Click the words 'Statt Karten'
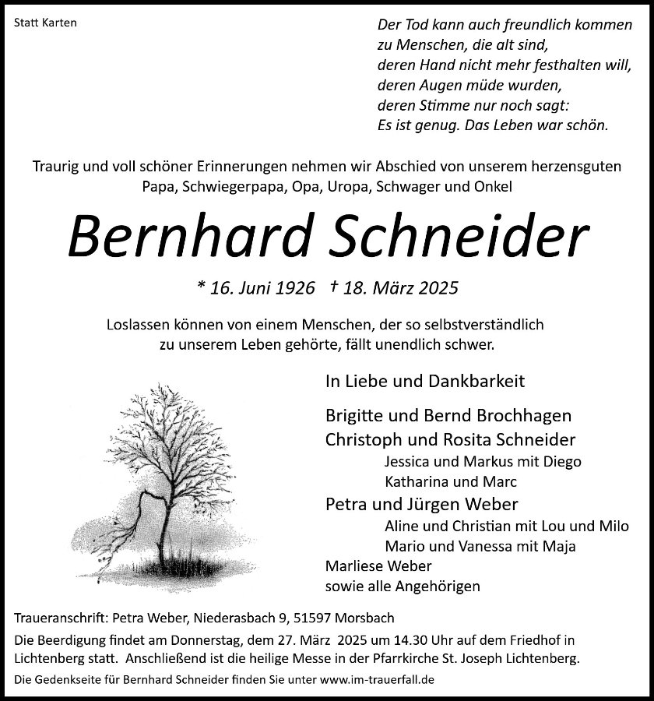tap(46, 23)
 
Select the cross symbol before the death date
tap(332, 287)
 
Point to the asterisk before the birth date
tap(202, 286)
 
